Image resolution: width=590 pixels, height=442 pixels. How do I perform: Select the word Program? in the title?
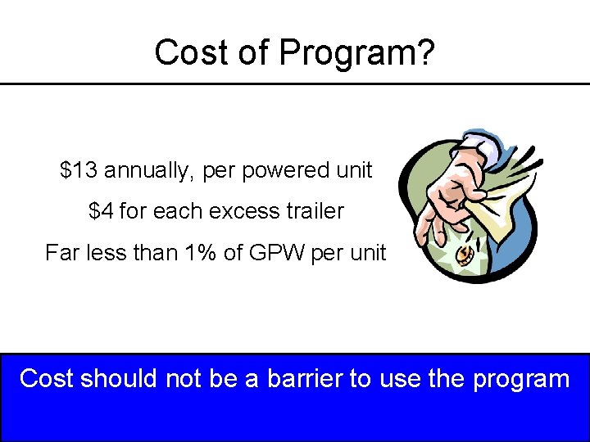point(357,54)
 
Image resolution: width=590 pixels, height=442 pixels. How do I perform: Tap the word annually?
point(148,172)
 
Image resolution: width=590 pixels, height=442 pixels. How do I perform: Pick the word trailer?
point(314,211)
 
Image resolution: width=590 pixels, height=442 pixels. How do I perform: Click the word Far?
point(61,252)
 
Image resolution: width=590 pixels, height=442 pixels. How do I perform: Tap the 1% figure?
point(202,252)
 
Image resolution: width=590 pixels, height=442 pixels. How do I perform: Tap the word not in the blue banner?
point(184,378)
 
